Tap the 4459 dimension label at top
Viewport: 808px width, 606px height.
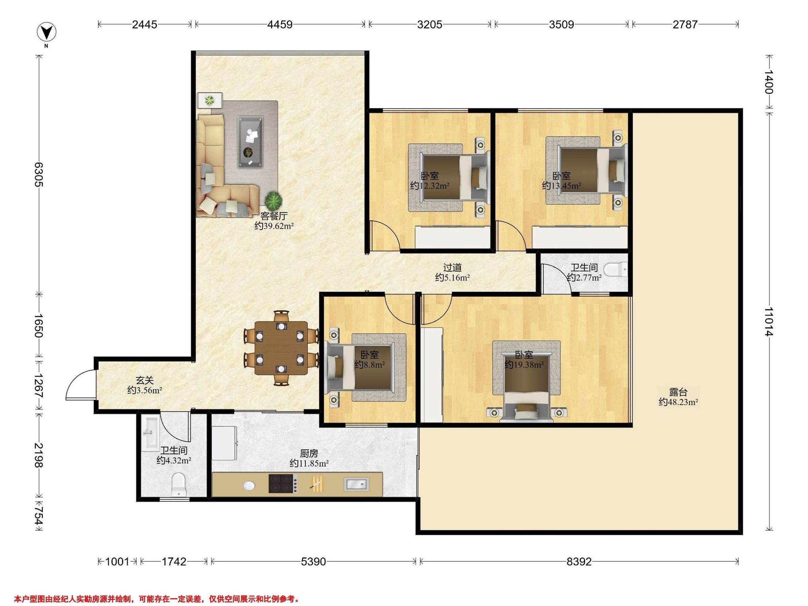click(280, 25)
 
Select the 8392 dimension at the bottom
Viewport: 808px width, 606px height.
click(579, 562)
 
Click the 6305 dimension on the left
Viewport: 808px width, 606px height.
click(39, 175)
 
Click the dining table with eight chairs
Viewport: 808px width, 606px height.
click(281, 348)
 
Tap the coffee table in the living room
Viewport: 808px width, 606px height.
click(250, 142)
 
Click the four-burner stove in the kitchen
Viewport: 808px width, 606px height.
click(283, 483)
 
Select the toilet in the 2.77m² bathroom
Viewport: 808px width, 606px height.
click(615, 270)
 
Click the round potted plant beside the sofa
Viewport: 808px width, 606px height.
click(274, 200)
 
